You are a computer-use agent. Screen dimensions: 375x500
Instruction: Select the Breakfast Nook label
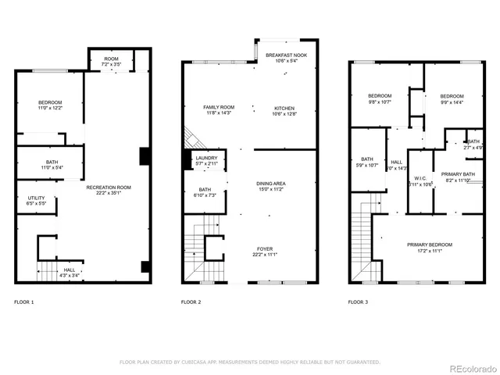279,55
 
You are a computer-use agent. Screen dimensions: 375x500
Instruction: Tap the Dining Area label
271,184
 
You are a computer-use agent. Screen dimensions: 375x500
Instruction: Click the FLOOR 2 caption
191,302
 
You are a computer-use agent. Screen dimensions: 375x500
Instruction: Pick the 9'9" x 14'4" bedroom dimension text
452,102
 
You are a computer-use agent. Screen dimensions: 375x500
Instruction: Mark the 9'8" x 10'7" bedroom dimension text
380,101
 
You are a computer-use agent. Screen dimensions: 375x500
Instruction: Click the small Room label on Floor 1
112,58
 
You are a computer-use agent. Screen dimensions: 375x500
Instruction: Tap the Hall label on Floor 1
70,270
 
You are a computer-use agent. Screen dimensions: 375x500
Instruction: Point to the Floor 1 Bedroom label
50,103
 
